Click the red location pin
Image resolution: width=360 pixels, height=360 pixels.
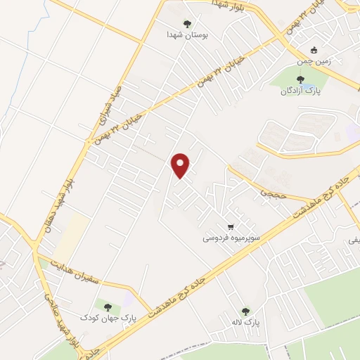pos(181,165)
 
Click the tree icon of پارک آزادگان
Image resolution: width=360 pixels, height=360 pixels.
pos(300,79)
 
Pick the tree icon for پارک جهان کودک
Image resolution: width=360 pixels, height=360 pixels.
pos(108,306)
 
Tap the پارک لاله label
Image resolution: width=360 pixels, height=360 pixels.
pos(247,323)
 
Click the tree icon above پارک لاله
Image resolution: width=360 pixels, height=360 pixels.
pos(245,311)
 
